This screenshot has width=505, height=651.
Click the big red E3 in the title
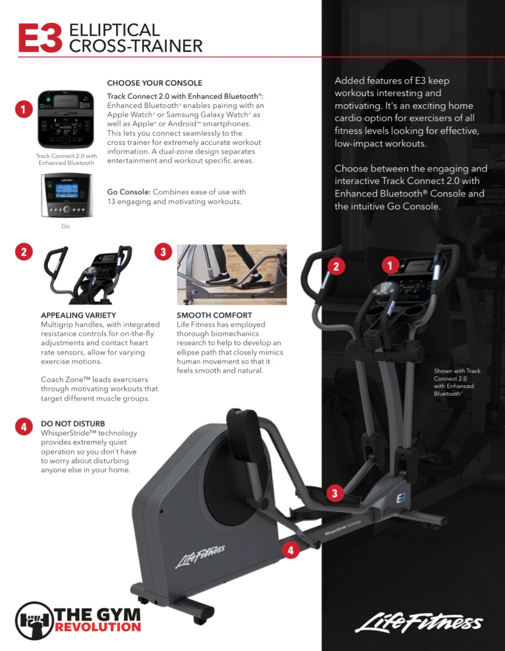click(x=40, y=38)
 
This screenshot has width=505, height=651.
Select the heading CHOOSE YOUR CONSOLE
click(x=155, y=83)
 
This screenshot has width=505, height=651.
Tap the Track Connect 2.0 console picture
click(x=66, y=119)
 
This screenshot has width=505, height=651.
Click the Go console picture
click(x=67, y=195)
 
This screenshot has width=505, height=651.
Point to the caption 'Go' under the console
click(x=65, y=226)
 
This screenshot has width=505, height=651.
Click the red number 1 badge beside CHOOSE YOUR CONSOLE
click(x=24, y=109)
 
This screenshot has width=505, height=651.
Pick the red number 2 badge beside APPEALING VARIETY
click(x=24, y=252)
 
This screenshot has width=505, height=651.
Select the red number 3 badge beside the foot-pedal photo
click(x=163, y=252)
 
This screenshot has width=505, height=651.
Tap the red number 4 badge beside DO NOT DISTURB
click(x=24, y=427)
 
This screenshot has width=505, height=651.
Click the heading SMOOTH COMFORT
click(x=214, y=315)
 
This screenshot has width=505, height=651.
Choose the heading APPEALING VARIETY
click(x=79, y=315)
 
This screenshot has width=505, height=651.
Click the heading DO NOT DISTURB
click(x=73, y=424)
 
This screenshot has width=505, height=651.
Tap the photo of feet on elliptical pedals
click(x=232, y=275)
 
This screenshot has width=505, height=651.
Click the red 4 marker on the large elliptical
click(x=291, y=550)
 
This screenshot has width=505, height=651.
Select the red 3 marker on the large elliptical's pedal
click(x=335, y=493)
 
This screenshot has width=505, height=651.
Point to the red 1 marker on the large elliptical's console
click(x=390, y=265)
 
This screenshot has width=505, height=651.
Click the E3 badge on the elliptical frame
click(x=401, y=498)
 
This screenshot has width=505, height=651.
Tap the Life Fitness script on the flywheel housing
click(x=200, y=556)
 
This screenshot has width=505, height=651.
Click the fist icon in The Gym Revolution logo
click(x=35, y=621)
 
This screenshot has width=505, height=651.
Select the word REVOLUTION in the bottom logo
click(x=98, y=627)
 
